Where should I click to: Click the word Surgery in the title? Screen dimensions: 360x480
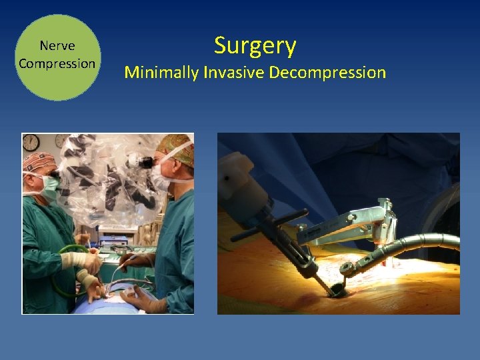pyautogui.click(x=255, y=46)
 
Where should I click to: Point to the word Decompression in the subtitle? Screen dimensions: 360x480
pyautogui.click(x=327, y=72)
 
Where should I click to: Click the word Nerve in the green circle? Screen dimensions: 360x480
pyautogui.click(x=57, y=46)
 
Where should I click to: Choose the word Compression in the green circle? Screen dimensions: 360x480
pyautogui.click(x=57, y=64)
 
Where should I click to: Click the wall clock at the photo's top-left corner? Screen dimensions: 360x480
pyautogui.click(x=31, y=142)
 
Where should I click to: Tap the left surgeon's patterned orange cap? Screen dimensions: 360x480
pyautogui.click(x=38, y=161)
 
